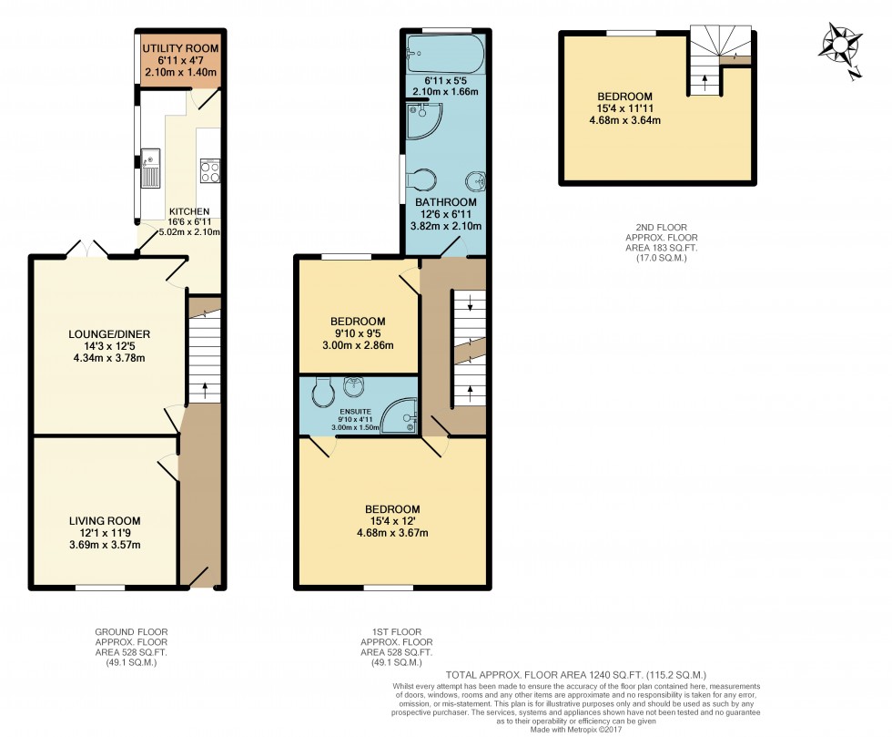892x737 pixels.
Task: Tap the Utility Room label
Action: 180,46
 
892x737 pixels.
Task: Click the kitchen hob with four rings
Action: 209,172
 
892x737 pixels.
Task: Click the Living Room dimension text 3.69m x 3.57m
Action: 105,545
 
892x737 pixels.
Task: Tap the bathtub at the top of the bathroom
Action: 442,53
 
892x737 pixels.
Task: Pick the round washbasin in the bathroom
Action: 474,178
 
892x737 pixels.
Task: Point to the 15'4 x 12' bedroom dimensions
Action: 392,521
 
